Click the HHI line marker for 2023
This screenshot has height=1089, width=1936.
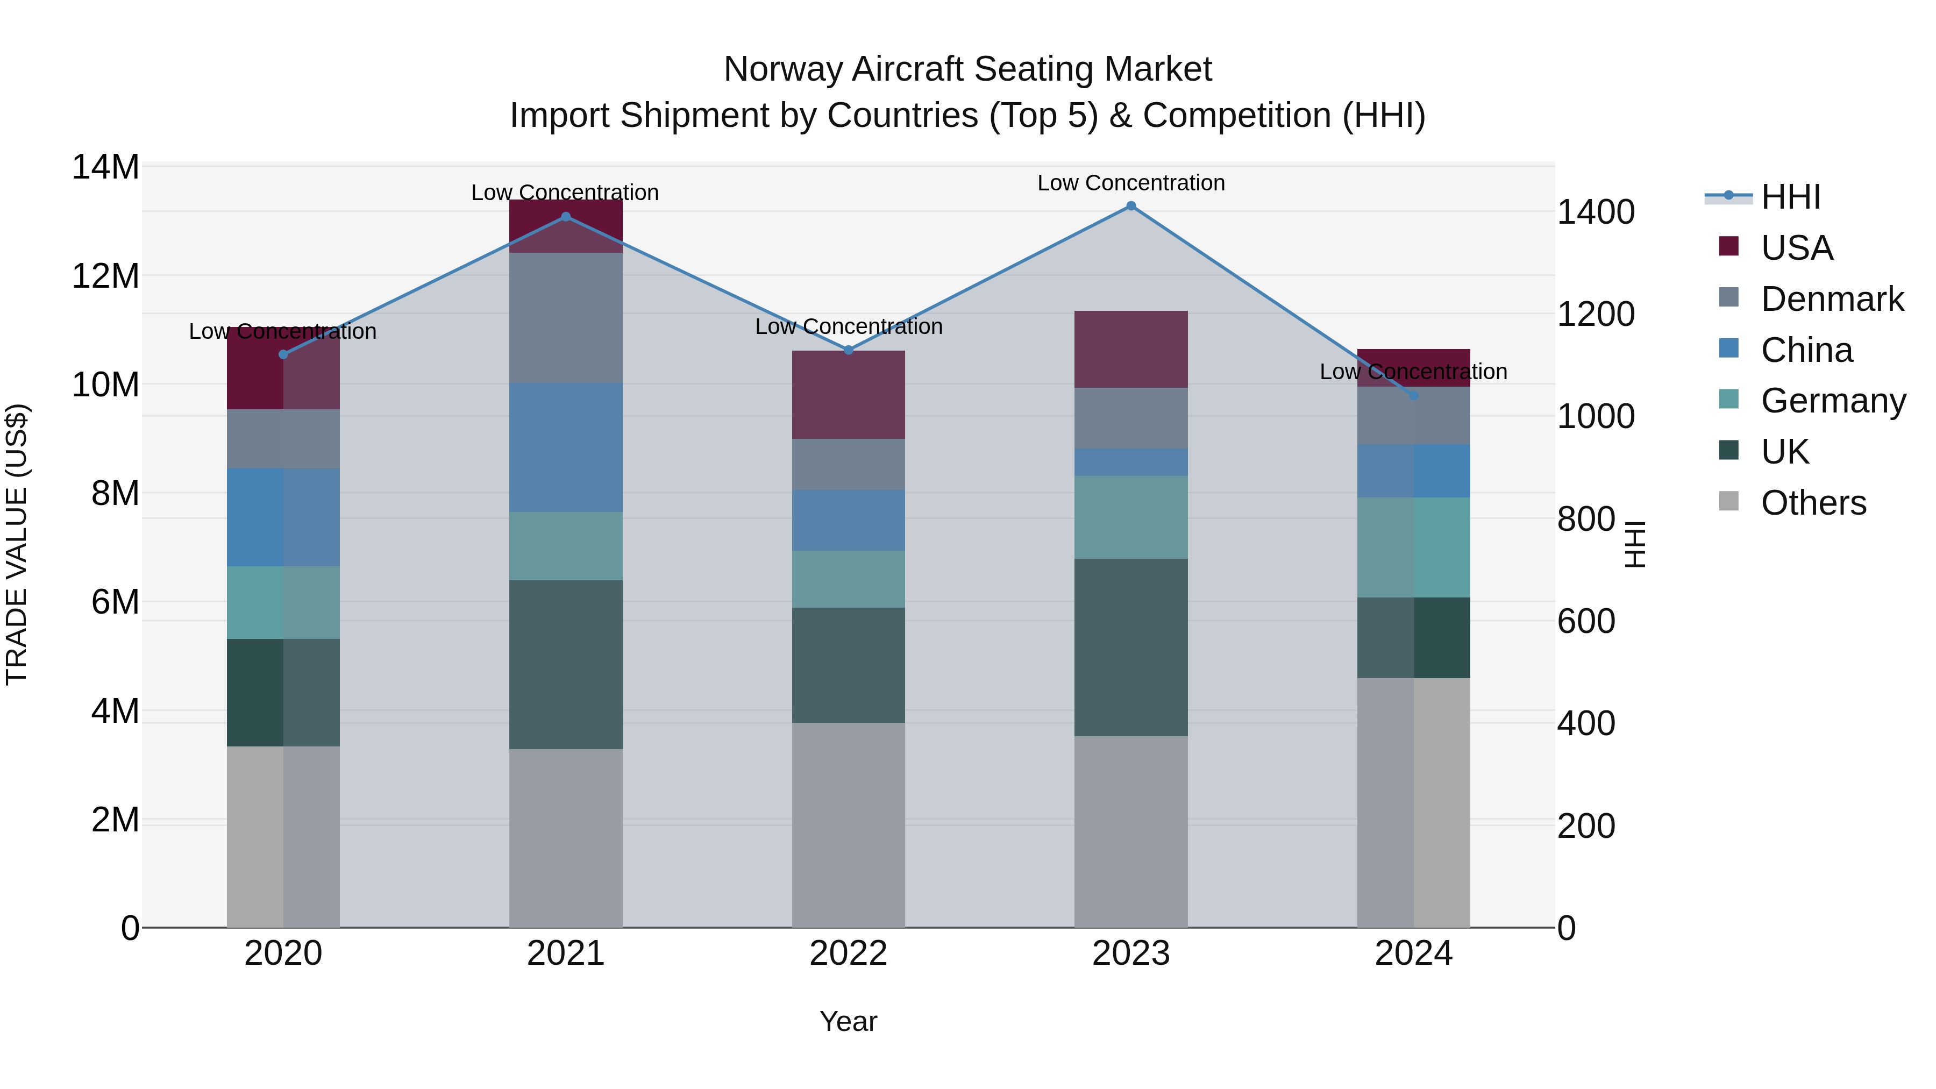pyautogui.click(x=1130, y=206)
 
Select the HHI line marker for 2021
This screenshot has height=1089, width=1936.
pyautogui.click(x=566, y=217)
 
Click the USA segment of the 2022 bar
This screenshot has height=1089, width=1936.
pyautogui.click(x=849, y=395)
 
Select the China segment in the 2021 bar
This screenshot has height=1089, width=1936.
pyautogui.click(x=566, y=447)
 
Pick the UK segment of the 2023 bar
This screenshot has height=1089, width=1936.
pyautogui.click(x=1130, y=647)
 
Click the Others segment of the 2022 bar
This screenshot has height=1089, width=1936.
pyautogui.click(x=849, y=824)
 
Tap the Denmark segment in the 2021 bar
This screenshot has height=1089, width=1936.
pyautogui.click(x=566, y=317)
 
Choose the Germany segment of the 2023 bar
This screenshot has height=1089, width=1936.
pyautogui.click(x=1130, y=517)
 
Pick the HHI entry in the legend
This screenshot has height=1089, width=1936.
pyautogui.click(x=1789, y=197)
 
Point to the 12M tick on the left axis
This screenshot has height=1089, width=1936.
pyautogui.click(x=105, y=276)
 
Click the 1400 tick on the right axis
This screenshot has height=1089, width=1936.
pyautogui.click(x=1595, y=212)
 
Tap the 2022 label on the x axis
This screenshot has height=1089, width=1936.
pyautogui.click(x=849, y=953)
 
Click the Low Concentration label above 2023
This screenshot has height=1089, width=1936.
pyautogui.click(x=1130, y=183)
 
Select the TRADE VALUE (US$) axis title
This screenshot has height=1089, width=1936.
pyautogui.click(x=17, y=544)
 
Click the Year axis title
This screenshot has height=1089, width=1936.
pyautogui.click(x=849, y=1021)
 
